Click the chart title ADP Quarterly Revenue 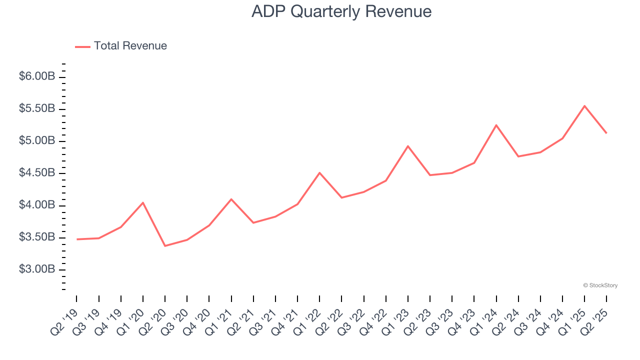point(341,11)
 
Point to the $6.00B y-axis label point(37,76)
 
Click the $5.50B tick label point(37,109)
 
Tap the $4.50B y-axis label point(37,173)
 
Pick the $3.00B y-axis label point(37,269)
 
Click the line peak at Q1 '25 point(584,106)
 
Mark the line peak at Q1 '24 point(496,125)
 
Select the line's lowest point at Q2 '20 point(165,246)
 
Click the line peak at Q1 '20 point(143,202)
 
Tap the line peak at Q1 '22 point(319,172)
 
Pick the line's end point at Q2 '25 point(606,133)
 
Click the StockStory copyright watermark point(600,285)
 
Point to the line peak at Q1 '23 point(408,146)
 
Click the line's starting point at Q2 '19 point(77,239)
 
